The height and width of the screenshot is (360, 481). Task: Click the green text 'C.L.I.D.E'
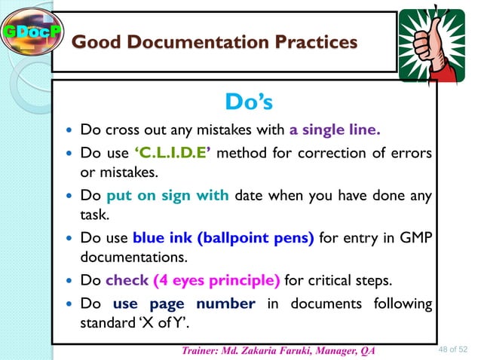(x=176, y=155)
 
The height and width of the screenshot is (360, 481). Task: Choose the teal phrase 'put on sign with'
(x=168, y=196)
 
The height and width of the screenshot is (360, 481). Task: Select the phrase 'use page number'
(x=185, y=305)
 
